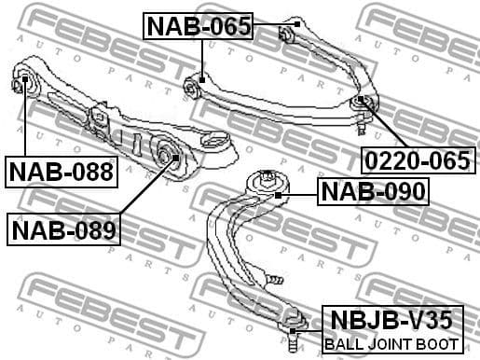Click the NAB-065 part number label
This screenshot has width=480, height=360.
pos(199,26)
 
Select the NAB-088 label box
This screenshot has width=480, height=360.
pos(62,172)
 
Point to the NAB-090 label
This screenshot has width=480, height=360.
pos(373,192)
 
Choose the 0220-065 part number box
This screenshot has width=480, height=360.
pos(416,160)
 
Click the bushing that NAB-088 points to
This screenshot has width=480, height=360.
pos(25,86)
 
